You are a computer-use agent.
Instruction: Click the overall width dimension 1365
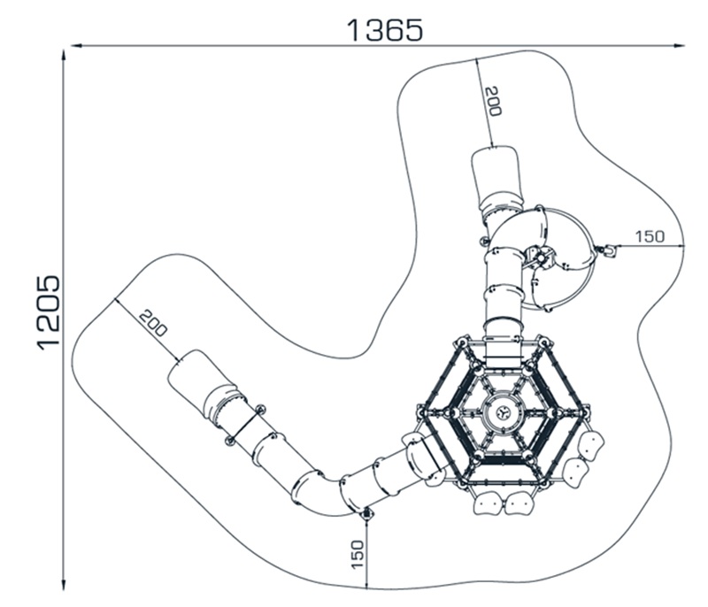click(385, 30)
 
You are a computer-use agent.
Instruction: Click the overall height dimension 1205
click(48, 311)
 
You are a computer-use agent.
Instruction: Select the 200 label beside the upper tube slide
click(493, 101)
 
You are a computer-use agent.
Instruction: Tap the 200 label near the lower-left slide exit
click(152, 323)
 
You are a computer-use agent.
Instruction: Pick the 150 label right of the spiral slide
click(650, 236)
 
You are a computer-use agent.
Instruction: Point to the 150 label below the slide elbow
click(357, 554)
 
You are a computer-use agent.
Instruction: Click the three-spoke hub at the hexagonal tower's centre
click(503, 412)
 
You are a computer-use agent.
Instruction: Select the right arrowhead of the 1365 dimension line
click(680, 45)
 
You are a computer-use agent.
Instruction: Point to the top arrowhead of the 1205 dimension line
click(64, 55)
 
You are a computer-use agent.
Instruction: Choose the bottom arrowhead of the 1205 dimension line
click(64, 584)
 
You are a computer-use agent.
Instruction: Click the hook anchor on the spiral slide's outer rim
click(608, 250)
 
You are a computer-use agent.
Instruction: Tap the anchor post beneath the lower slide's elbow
click(366, 513)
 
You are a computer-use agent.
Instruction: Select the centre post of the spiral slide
click(541, 258)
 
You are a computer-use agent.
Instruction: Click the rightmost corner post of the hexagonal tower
click(585, 412)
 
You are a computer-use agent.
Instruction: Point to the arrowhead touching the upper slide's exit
click(492, 144)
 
